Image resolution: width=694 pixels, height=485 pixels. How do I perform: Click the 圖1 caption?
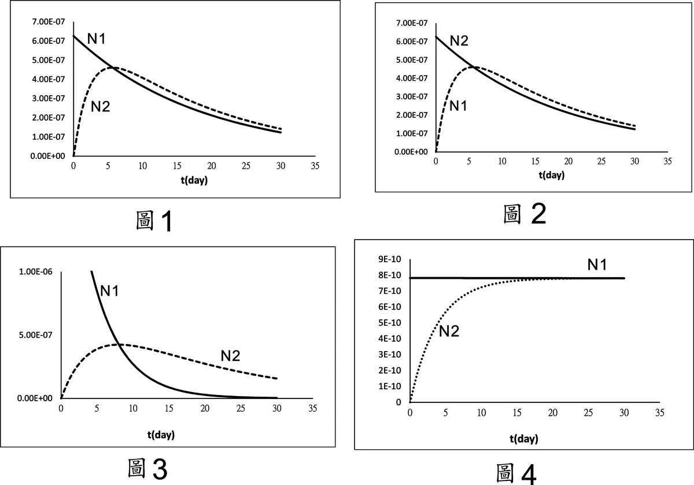pos(153,222)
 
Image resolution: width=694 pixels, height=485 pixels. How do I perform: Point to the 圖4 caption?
pos(516,473)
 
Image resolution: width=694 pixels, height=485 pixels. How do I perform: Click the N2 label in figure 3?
pos(230,356)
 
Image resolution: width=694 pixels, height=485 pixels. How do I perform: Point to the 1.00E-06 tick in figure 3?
pos(35,271)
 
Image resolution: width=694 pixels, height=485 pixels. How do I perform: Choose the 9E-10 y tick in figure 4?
pos(390,259)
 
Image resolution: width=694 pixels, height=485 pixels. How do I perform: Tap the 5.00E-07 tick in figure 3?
pos(35,335)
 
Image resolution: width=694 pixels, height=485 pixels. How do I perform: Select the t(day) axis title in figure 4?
pos(523,439)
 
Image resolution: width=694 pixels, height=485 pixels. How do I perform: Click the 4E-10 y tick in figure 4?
pos(390,338)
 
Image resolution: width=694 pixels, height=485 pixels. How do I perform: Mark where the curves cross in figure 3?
pos(118,345)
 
